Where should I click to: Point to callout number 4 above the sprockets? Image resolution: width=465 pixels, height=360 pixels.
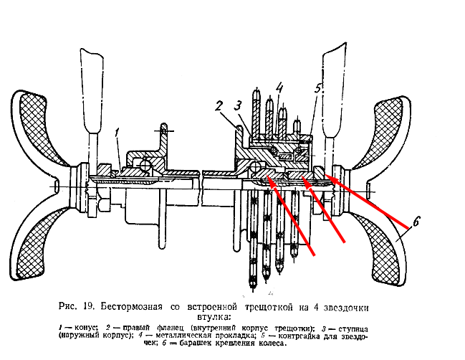point(279,88)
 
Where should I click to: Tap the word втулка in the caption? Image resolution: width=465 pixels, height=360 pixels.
point(216,316)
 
